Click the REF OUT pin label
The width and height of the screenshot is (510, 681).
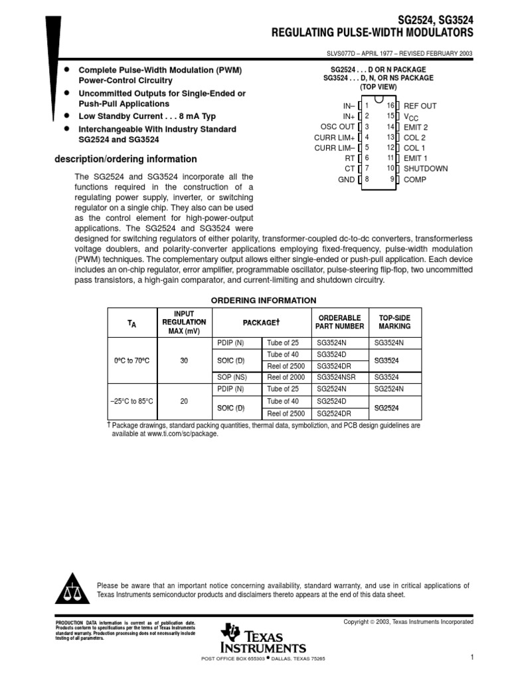point(420,106)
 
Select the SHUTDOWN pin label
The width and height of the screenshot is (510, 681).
point(426,169)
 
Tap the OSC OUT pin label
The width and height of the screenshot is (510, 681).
point(337,127)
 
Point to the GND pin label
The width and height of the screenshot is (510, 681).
point(346,180)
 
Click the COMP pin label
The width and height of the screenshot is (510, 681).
point(415,180)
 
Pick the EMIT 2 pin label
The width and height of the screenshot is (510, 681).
point(416,127)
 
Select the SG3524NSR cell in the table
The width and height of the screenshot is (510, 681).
point(336,376)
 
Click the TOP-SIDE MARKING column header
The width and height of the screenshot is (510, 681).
point(394,323)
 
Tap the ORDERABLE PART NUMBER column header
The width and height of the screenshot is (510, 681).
point(340,323)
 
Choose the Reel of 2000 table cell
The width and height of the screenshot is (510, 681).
point(287,376)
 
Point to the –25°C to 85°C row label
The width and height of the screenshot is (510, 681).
point(131,401)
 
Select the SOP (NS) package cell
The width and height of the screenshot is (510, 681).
point(230,376)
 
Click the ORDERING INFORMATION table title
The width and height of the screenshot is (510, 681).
point(264,301)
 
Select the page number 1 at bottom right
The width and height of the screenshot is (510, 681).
point(471,658)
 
